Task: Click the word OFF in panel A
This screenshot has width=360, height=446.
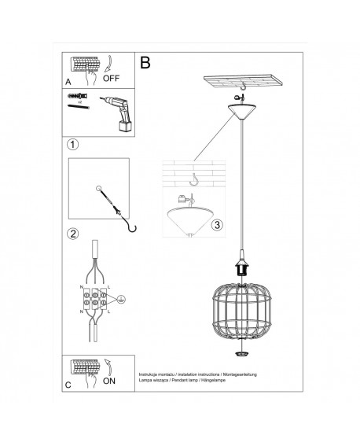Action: point(112,79)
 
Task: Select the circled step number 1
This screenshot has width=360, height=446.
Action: point(73,145)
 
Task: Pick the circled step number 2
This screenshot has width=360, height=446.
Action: point(73,234)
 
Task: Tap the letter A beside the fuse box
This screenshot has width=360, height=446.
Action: point(68,80)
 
